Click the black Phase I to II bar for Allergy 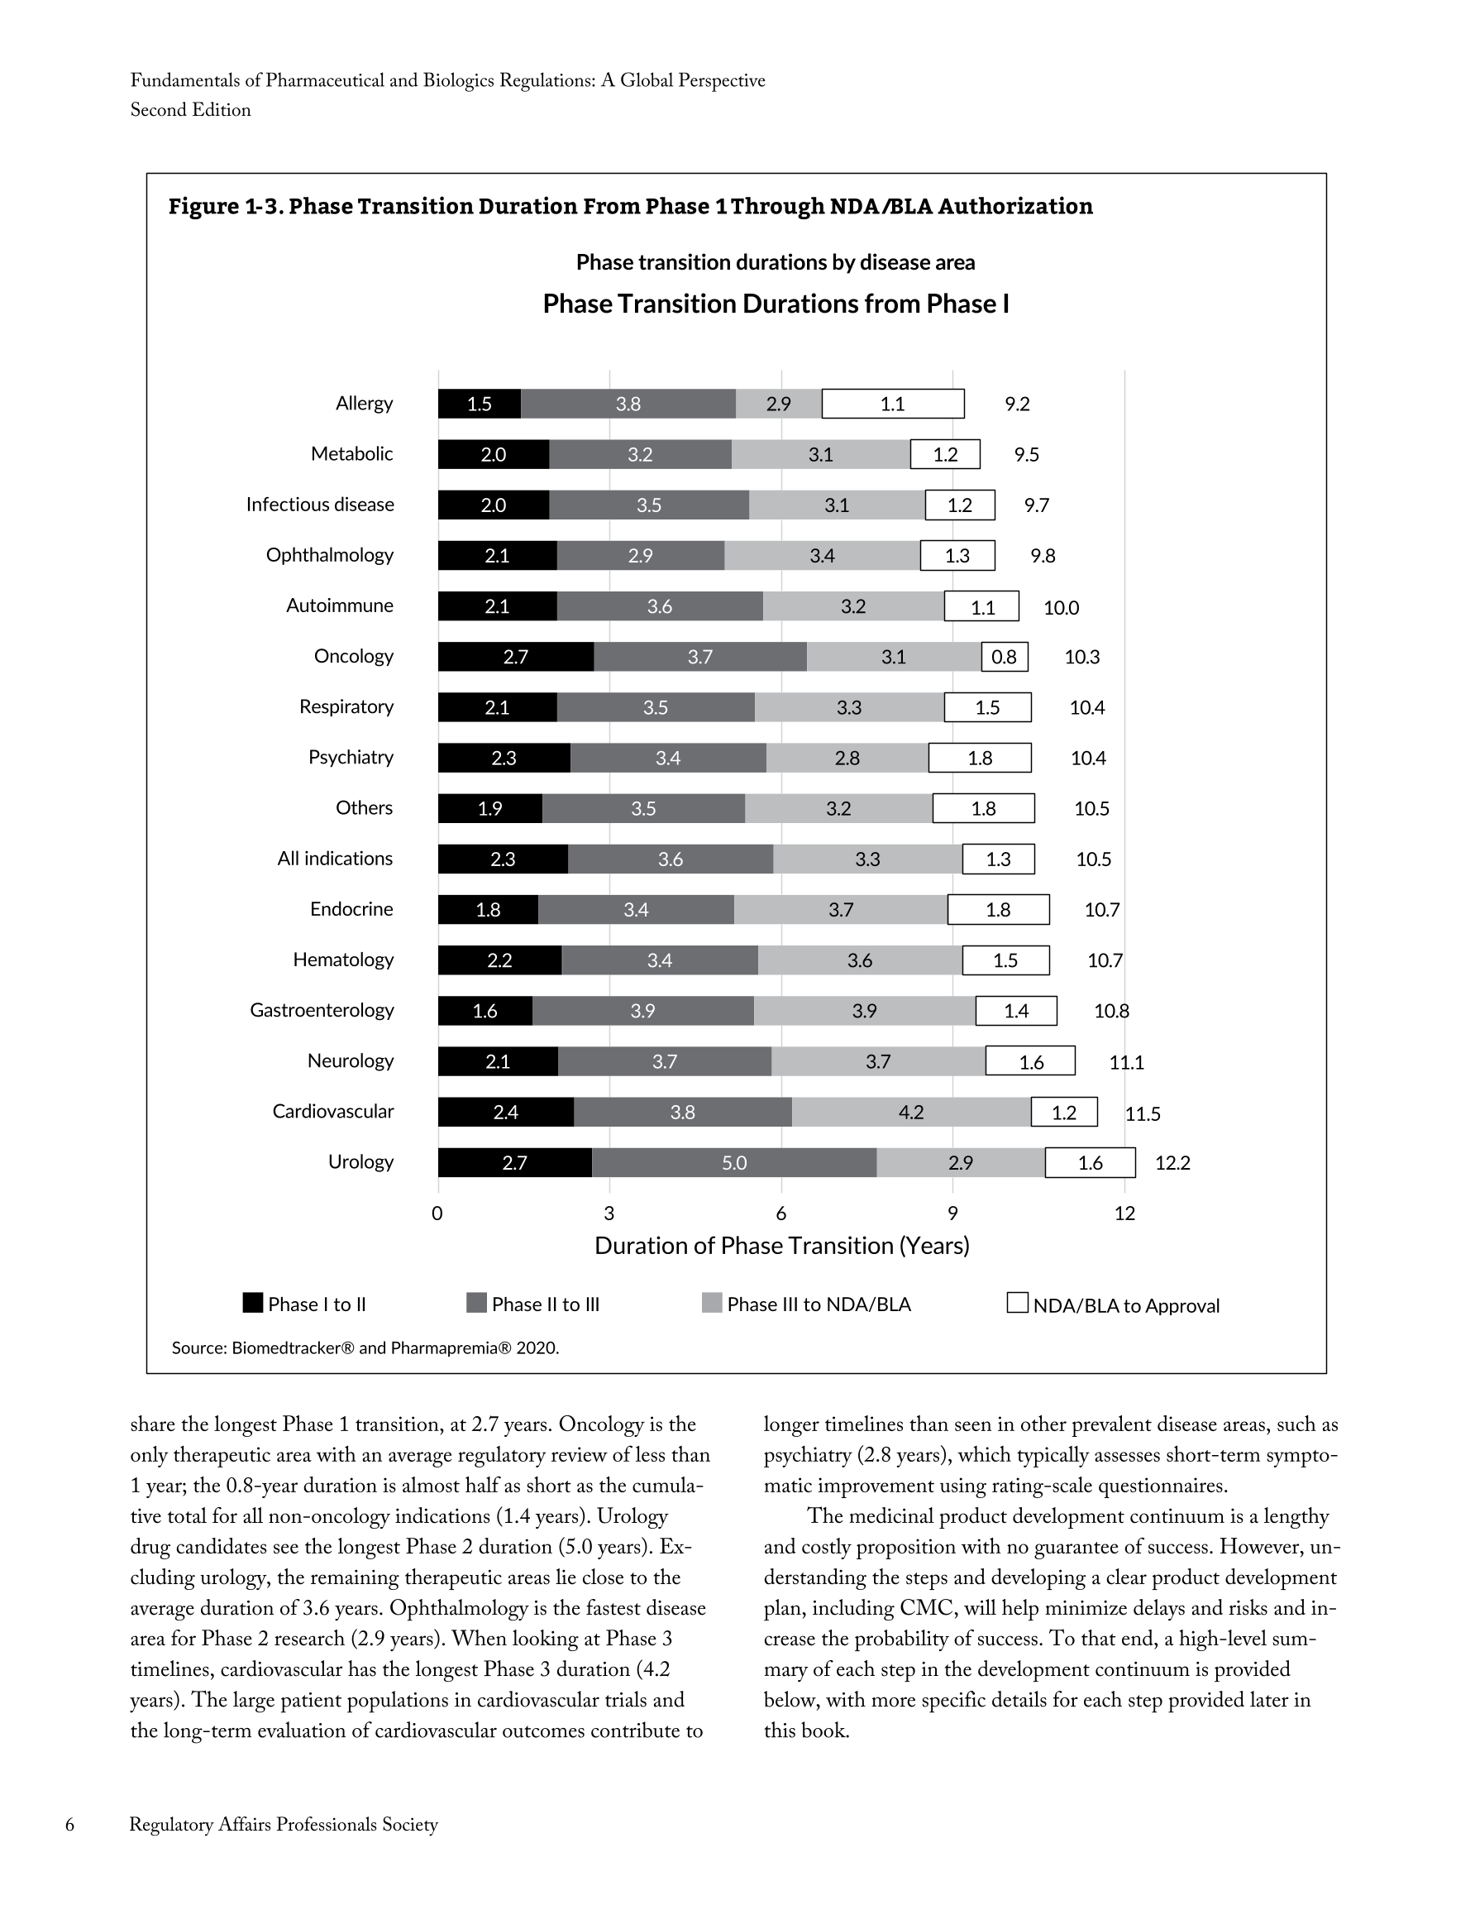coord(480,404)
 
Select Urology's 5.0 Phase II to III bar coord(733,1163)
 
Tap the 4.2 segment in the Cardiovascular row coord(910,1113)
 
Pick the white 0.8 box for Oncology coord(1004,657)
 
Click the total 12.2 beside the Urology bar coord(1172,1163)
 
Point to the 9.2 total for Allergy coord(1017,404)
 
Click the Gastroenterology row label coord(322,1011)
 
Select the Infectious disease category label coord(320,505)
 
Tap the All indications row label coord(335,859)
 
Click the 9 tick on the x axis coord(952,1213)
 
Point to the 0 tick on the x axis coord(437,1213)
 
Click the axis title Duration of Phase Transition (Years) coord(781,1247)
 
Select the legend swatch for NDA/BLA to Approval coord(1017,1303)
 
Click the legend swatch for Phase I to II coord(253,1303)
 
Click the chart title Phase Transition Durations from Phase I coord(776,304)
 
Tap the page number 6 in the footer coord(70,1824)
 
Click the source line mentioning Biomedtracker coord(365,1348)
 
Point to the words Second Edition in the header coord(191,110)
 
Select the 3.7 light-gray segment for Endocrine coord(840,911)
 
